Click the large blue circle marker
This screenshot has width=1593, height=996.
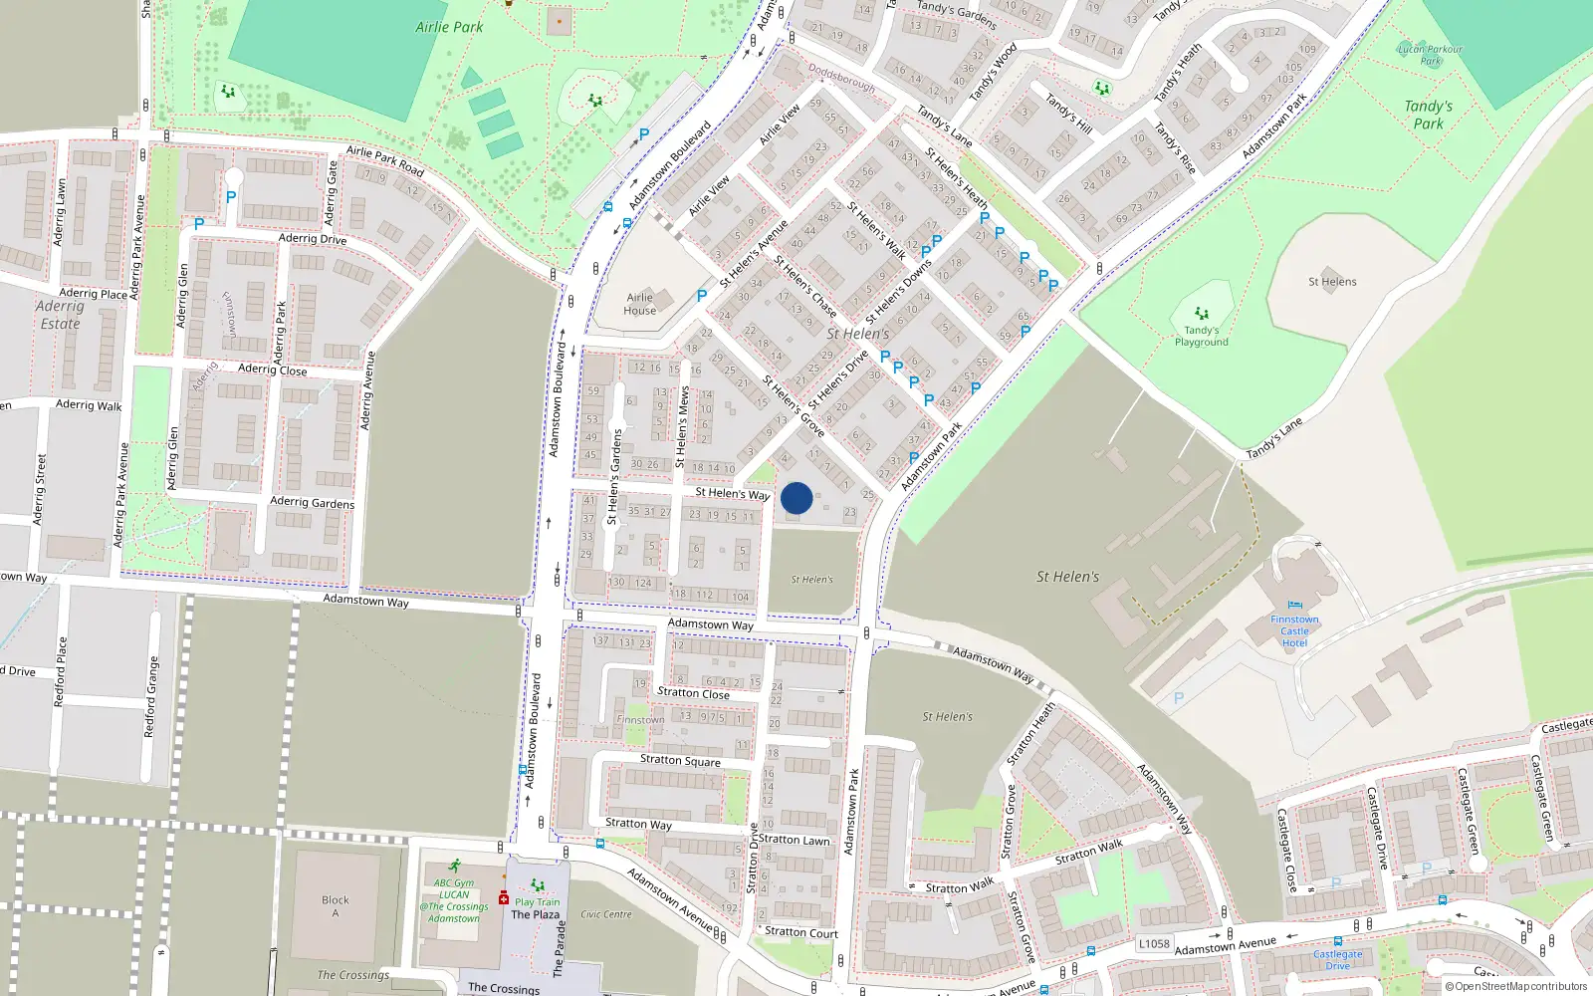tap(796, 498)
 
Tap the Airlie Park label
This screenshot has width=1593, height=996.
tap(449, 27)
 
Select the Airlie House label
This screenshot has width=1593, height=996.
tap(639, 304)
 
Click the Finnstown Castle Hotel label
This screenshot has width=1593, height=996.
tap(1294, 630)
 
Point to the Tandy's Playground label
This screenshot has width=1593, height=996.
tap(1201, 336)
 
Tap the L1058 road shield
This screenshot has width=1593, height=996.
tap(1154, 943)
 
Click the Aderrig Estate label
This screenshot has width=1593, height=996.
tap(60, 315)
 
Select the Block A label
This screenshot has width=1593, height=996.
tap(336, 905)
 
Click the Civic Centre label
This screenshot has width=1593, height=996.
tap(605, 914)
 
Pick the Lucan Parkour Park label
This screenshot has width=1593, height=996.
tap(1430, 54)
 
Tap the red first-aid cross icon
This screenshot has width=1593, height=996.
tap(504, 898)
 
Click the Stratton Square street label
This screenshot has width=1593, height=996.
tap(680, 760)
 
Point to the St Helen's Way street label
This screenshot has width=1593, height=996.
tap(732, 493)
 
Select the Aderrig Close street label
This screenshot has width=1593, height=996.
tap(273, 370)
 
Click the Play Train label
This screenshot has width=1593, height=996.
tap(538, 901)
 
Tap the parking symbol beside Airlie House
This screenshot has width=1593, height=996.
tap(702, 296)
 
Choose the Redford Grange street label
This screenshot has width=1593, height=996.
tap(150, 697)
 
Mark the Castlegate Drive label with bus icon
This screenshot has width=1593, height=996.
tap(1337, 959)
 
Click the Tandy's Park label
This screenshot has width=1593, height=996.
tap(1428, 115)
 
